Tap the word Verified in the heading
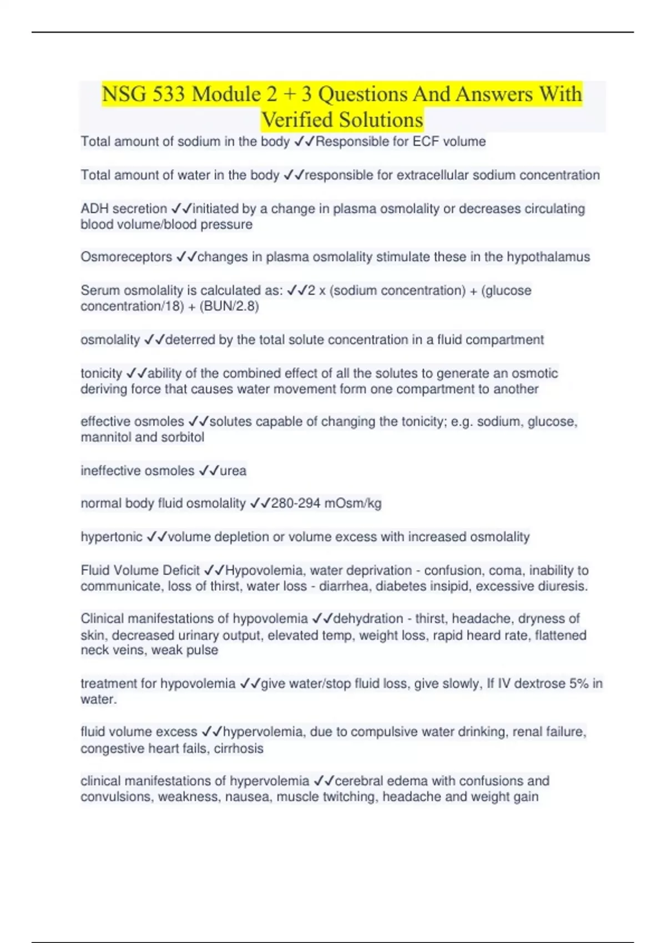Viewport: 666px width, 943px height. pos(297,120)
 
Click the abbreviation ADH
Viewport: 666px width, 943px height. pos(94,209)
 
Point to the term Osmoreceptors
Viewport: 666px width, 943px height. pos(126,257)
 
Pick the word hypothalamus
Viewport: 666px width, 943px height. pos(548,257)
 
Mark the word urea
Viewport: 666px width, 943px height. pos(233,471)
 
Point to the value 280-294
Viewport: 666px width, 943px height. pos(295,504)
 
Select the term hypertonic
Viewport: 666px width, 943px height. pos(112,537)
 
